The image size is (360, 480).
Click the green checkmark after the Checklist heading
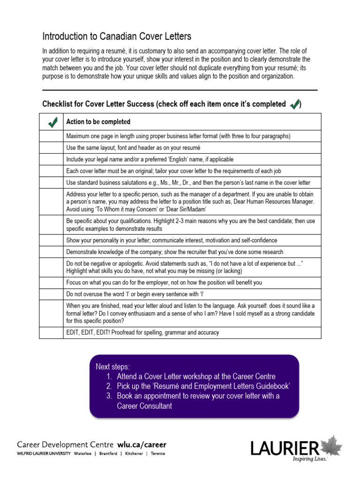[x=295, y=104]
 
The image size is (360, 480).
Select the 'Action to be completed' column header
[x=98, y=122]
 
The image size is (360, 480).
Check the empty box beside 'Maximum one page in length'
[x=52, y=136]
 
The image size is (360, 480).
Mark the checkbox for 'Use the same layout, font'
[x=52, y=148]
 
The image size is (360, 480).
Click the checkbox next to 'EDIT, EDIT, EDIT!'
[x=52, y=332]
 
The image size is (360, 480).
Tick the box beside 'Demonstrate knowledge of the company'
[x=52, y=252]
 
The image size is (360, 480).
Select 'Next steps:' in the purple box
[x=112, y=366]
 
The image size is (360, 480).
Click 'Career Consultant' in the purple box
[x=144, y=406]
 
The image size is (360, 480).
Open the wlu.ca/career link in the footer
[x=142, y=444]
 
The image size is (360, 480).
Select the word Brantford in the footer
[x=109, y=454]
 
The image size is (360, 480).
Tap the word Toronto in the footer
[x=157, y=454]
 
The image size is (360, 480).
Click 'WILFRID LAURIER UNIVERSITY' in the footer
[x=44, y=454]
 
